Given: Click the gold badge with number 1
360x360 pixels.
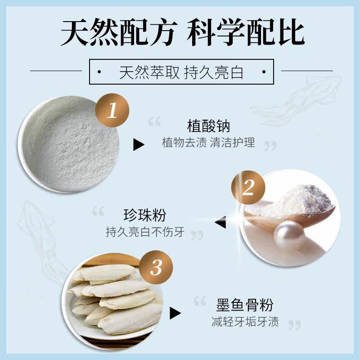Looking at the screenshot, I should [112, 110].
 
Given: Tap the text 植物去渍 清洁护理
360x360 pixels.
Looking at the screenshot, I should [208, 143].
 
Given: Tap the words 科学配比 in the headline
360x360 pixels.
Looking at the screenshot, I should [246, 32].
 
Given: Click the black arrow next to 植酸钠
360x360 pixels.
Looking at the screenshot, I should [138, 144].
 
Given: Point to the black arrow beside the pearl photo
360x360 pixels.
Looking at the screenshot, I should [221, 222].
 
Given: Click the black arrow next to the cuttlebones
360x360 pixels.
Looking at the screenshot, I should [175, 313].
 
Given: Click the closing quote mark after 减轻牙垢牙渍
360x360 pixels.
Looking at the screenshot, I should [294, 324].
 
